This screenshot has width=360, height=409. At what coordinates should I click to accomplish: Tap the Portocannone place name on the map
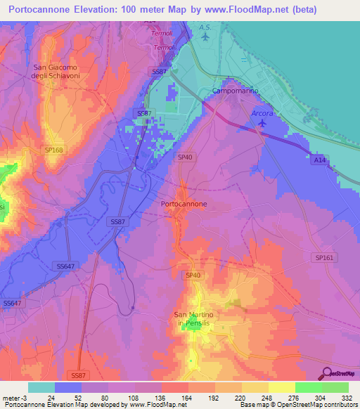point(184,204)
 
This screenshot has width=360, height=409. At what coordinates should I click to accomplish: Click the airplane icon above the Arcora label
point(262,124)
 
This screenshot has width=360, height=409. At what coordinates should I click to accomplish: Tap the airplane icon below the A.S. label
point(205,37)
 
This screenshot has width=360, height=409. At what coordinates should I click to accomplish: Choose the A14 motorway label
point(319,160)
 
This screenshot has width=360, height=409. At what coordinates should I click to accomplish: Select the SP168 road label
point(53,150)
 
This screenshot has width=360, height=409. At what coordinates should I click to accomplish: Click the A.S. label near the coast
point(205,27)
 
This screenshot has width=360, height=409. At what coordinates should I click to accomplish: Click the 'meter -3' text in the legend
point(15,397)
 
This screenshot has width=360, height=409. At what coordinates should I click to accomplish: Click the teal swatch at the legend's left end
point(41,387)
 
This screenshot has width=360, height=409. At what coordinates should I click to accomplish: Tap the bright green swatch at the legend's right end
point(335,387)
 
